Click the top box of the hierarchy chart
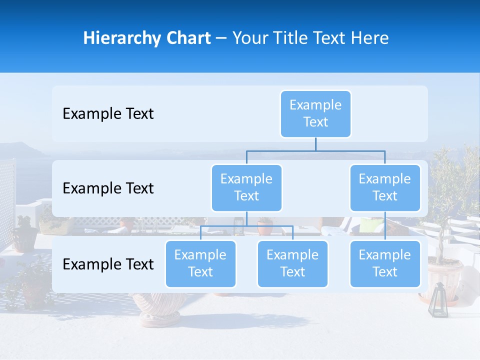point(315,113)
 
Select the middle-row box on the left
point(246,187)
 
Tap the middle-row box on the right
point(385,187)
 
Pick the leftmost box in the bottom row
point(200,263)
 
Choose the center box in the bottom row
point(292,263)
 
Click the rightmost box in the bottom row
point(385,263)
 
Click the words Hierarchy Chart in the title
point(147,38)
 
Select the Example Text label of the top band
point(108,114)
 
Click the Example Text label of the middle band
point(108,188)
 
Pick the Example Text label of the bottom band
point(108,264)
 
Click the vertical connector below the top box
point(315,144)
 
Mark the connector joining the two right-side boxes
point(385,226)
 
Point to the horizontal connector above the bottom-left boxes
point(246,226)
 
